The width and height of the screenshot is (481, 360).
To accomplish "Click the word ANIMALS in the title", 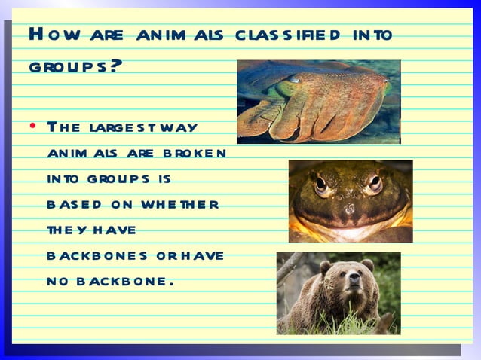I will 182,35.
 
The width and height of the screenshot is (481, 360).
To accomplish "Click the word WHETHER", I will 183,204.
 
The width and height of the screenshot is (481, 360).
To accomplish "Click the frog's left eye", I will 321,183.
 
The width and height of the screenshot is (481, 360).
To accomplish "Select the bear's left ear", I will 326,266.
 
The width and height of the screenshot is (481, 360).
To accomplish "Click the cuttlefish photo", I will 318,102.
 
